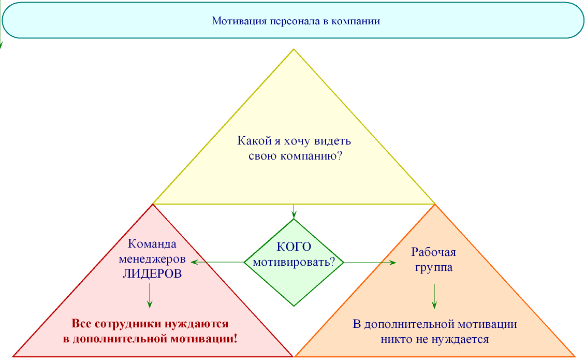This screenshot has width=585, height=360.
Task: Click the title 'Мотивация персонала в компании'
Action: [x=296, y=22]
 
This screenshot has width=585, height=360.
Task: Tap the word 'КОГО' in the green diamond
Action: [x=294, y=247]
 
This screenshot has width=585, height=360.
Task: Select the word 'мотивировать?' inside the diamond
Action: [x=294, y=262]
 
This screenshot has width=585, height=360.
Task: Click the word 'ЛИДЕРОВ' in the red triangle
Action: [x=152, y=274]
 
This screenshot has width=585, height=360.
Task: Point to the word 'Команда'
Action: [x=152, y=244]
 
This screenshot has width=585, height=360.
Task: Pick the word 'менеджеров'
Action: [x=152, y=259]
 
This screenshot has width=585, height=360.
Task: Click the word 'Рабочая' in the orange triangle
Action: [x=434, y=253]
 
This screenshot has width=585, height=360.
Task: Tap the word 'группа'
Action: [x=434, y=268]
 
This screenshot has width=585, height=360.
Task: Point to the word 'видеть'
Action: [x=335, y=141]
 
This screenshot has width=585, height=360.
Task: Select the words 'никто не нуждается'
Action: [x=435, y=340]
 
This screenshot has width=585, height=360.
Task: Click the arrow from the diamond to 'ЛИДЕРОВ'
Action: [x=217, y=262]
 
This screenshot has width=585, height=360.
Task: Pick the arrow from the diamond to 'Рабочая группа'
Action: [x=370, y=263]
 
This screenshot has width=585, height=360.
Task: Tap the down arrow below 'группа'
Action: [x=434, y=296]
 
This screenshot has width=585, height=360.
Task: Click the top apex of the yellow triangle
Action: [x=294, y=49]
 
